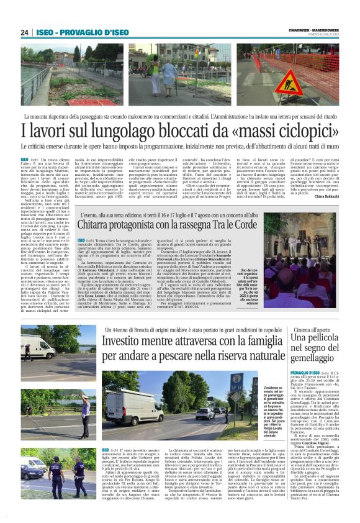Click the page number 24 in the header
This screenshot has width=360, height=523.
pos(25,32)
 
